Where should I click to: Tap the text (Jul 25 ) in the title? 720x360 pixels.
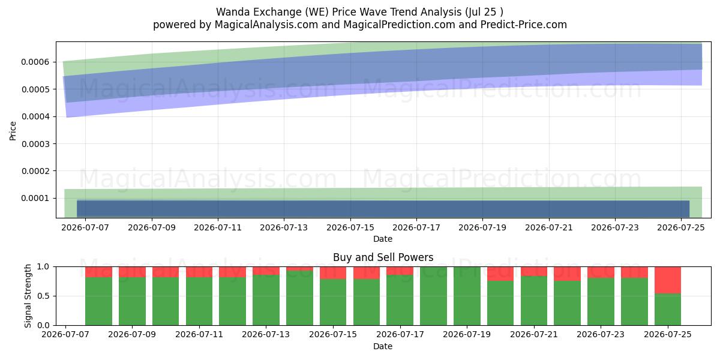(x=484, y=12)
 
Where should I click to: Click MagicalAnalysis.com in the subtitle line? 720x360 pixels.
(x=266, y=25)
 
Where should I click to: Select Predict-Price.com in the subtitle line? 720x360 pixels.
(x=524, y=25)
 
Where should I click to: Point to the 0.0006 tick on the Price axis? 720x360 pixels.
(x=35, y=62)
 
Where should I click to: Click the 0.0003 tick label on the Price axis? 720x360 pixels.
(x=35, y=143)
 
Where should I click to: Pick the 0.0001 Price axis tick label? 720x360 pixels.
(x=35, y=198)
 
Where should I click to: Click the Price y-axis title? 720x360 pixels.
(x=13, y=131)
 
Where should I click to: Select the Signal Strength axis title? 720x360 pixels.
(x=28, y=296)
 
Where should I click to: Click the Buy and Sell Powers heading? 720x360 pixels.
(x=383, y=257)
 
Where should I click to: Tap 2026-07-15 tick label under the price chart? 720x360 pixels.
(x=350, y=227)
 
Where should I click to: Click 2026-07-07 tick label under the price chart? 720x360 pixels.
(x=85, y=227)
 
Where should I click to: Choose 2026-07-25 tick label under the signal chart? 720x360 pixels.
(x=668, y=334)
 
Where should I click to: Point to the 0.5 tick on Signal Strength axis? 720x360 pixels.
(x=43, y=296)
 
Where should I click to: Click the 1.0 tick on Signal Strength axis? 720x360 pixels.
(x=43, y=266)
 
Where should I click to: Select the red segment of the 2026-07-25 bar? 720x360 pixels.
(x=668, y=280)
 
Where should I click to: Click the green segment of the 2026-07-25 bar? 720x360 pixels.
(x=668, y=309)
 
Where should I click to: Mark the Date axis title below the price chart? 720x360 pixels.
(x=383, y=239)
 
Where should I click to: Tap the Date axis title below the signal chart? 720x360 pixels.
(x=383, y=346)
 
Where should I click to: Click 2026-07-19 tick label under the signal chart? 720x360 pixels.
(x=467, y=334)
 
